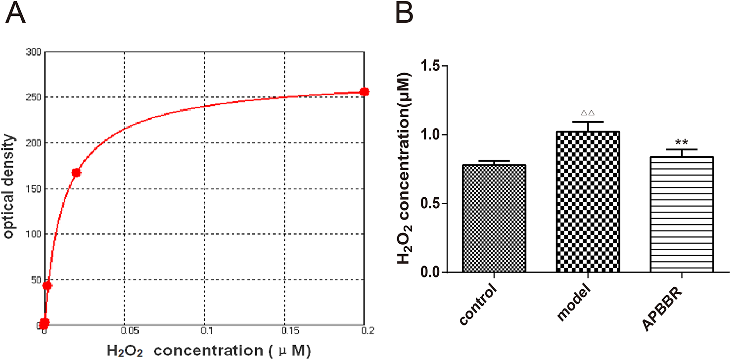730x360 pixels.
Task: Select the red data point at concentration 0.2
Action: (x=364, y=91)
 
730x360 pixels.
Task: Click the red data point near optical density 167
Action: (x=76, y=173)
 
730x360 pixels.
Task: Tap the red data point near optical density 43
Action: (x=47, y=286)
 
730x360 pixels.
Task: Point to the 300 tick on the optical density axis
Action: (x=34, y=51)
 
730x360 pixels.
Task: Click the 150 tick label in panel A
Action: (x=34, y=188)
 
